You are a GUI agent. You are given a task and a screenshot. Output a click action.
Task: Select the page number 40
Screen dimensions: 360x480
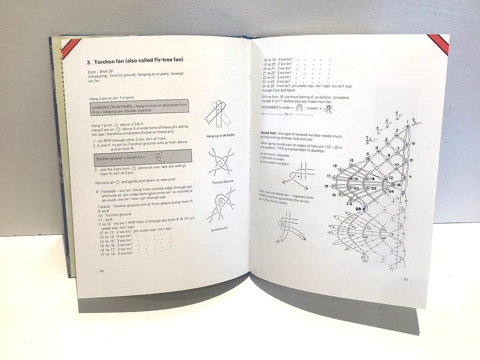pos(101,270)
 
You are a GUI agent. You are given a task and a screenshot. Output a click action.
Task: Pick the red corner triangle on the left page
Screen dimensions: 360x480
pos(69,47)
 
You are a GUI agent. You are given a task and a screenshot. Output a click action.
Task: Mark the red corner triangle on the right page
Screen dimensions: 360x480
pos(439,43)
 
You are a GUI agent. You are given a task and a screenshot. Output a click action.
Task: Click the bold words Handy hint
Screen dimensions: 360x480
pos(270,132)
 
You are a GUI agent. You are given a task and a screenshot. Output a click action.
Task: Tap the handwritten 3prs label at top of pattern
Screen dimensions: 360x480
pos(416,120)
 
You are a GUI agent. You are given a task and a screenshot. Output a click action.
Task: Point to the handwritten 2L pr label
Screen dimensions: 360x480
pos(370,138)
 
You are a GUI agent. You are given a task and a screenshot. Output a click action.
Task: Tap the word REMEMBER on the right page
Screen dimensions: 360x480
pos(272,107)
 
